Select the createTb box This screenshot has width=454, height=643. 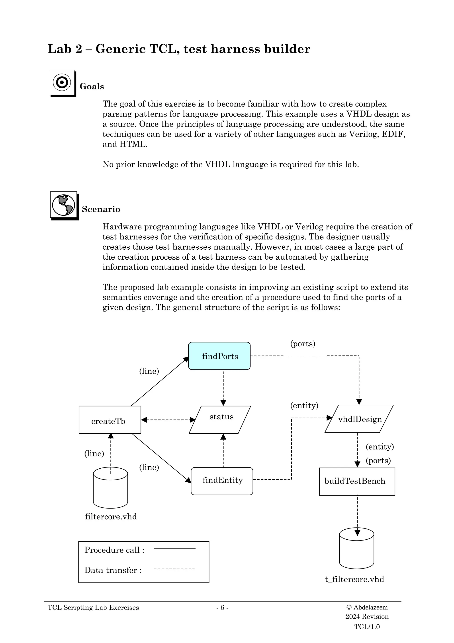tap(110, 420)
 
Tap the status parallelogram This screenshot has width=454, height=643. tap(220, 420)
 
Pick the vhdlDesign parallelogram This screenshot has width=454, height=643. tap(359, 419)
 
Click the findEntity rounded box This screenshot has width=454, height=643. tap(222, 481)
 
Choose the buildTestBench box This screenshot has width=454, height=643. tap(357, 481)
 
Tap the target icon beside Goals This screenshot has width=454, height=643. tap(62, 82)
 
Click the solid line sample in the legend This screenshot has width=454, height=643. tap(174, 548)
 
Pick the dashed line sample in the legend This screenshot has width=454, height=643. tap(174, 569)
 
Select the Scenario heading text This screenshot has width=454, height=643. tap(101, 209)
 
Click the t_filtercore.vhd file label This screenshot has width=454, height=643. tap(354, 579)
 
